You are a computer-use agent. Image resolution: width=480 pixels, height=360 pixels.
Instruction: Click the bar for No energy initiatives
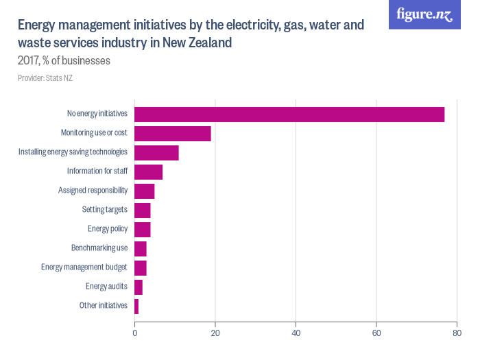[x=289, y=115]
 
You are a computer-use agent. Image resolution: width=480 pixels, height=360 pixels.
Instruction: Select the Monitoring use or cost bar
[x=173, y=134]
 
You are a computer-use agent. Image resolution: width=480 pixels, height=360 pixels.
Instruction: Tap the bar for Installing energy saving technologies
[x=156, y=153]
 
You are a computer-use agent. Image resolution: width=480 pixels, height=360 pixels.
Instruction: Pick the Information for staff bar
[x=148, y=172]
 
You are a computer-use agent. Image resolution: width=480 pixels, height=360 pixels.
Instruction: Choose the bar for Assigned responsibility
[x=145, y=191]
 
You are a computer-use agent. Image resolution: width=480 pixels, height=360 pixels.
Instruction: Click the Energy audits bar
[x=139, y=287]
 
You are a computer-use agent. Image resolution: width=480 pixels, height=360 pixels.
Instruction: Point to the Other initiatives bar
[x=136, y=306]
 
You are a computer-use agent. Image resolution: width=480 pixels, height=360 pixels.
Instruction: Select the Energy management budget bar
[x=141, y=267]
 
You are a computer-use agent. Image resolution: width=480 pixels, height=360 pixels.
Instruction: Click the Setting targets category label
[x=104, y=210]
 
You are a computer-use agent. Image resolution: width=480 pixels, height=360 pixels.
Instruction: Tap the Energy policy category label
[x=107, y=229]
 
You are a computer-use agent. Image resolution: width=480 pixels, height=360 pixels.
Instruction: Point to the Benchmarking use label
[x=99, y=248]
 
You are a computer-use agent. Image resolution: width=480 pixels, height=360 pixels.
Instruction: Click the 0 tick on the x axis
[x=134, y=334]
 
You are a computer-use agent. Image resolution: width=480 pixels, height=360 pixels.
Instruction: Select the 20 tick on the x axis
[x=215, y=334]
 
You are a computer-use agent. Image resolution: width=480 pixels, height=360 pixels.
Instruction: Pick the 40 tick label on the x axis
[x=296, y=334]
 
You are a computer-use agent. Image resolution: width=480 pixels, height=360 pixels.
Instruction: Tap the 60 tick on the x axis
[x=376, y=334]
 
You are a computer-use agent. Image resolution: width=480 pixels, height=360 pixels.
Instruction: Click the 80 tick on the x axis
[x=457, y=334]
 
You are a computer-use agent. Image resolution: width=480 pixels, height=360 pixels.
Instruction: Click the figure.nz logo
[x=424, y=14]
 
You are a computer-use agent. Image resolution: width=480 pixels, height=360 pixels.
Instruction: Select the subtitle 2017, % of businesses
[x=64, y=61]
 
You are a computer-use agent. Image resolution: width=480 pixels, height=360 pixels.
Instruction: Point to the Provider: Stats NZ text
[x=45, y=78]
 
